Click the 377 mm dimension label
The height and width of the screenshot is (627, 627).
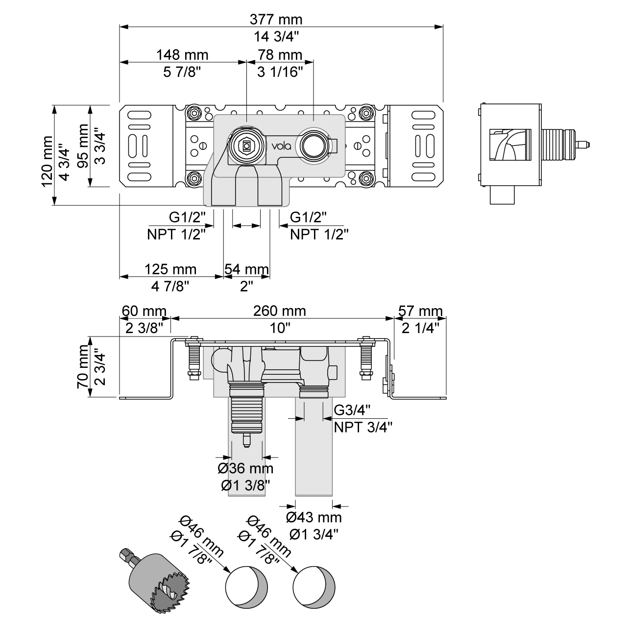(x=276, y=20)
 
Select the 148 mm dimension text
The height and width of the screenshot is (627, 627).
(x=182, y=54)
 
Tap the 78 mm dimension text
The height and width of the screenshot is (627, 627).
(x=280, y=54)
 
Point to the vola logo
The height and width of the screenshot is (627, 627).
(x=282, y=145)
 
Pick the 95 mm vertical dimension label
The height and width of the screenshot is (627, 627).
(x=83, y=145)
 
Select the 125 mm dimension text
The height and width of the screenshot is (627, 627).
(x=170, y=269)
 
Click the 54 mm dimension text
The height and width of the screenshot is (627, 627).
(x=247, y=269)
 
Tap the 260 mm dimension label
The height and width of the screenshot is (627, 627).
(x=280, y=311)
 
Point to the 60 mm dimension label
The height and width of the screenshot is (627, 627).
(x=144, y=311)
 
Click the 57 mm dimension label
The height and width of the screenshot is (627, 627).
(x=420, y=311)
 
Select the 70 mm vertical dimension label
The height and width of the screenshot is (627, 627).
(x=83, y=366)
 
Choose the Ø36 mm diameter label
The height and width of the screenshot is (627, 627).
(x=245, y=469)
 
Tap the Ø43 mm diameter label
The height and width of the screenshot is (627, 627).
(x=313, y=517)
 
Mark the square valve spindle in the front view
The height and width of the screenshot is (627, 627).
(x=245, y=145)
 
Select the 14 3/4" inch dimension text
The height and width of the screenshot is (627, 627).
(x=276, y=36)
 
